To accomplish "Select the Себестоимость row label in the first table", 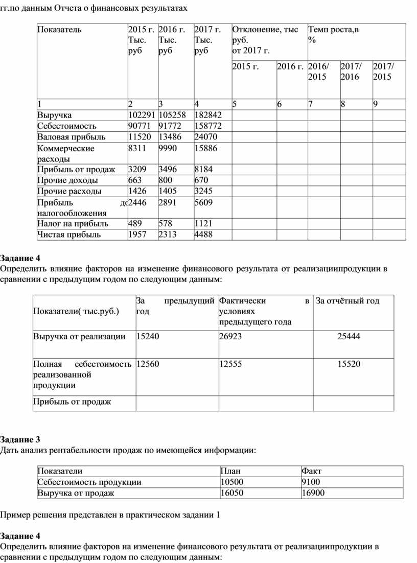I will point(67,126).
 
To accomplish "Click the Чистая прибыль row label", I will point(69,235).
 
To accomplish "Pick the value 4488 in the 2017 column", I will point(203,235).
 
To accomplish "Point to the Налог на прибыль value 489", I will point(135,224).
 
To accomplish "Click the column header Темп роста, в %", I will point(333,34).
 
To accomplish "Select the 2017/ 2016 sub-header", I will point(351,72).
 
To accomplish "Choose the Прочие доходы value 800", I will point(166,180).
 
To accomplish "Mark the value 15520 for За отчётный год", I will point(349,364).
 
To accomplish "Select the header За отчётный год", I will point(347,301).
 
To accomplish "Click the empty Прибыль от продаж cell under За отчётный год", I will point(353,402).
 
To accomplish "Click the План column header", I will point(230,471).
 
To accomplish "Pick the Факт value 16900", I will point(313,494).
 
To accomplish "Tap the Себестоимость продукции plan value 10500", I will point(232,482).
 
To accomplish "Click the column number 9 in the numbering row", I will point(376,104).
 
